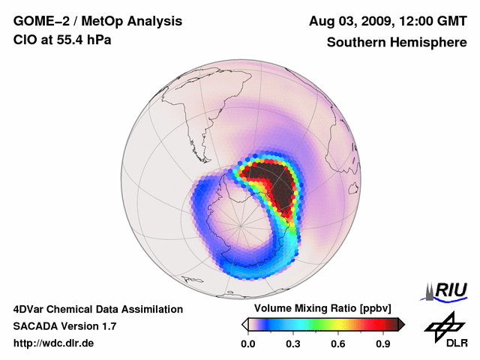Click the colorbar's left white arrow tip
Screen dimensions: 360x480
tap(245, 324)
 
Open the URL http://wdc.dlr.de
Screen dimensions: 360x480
tap(54, 343)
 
